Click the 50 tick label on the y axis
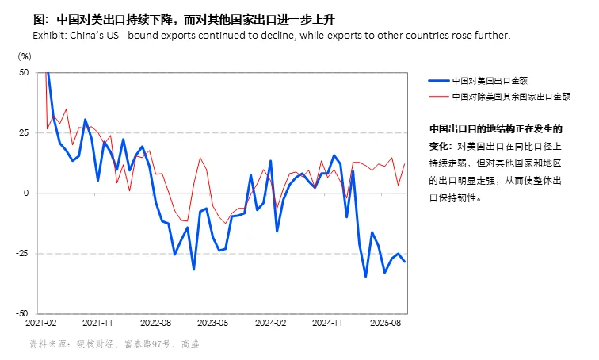tap(23, 72)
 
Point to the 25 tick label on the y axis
tap(23, 132)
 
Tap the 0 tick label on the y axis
tap(25, 193)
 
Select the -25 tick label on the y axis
tap(21, 253)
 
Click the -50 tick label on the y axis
tap(21, 313)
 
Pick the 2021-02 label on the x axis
tap(41, 324)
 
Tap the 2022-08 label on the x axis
tap(155, 324)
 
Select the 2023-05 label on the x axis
tap(212, 324)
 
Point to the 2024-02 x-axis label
tap(271, 324)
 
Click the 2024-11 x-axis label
tap(328, 324)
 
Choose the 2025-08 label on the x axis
tap(386, 324)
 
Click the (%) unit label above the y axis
tap(25, 56)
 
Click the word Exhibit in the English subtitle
tap(47, 36)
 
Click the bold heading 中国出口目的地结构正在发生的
tap(495, 128)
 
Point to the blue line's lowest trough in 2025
tap(365, 276)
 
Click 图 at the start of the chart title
tap(37, 21)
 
